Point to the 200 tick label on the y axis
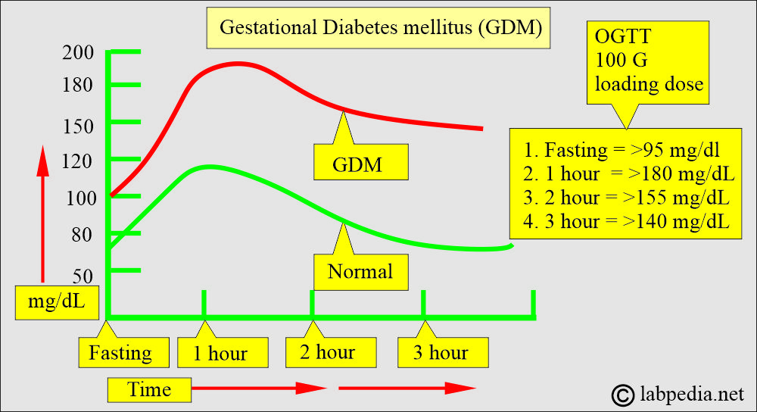tap(78, 52)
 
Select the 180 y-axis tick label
tap(78, 84)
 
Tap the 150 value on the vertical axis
tap(78, 122)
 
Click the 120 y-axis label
tap(78, 160)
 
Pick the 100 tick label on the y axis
tap(78, 198)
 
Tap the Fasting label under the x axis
tap(120, 353)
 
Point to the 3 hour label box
tap(441, 352)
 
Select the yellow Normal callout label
tap(360, 271)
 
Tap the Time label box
tap(149, 389)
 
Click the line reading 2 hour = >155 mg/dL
tap(628, 198)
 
